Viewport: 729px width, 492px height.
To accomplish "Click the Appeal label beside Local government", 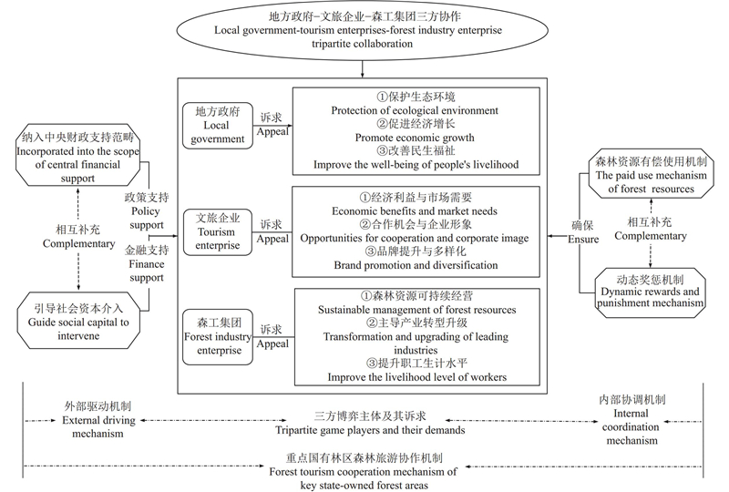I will click(271, 131).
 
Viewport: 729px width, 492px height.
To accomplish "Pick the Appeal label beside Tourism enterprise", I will click(271, 239).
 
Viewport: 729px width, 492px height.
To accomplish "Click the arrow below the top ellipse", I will click(364, 69).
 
